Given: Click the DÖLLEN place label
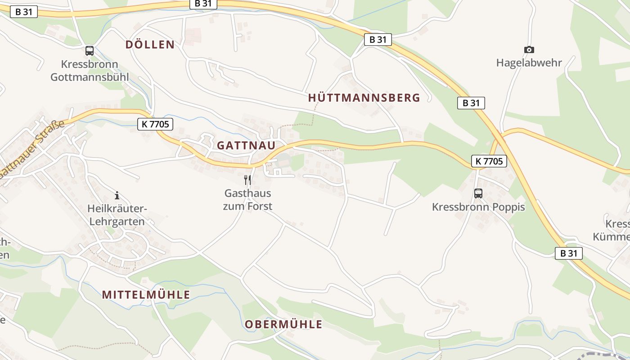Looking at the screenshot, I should point(150,45).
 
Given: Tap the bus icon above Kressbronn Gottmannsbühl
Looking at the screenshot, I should point(90,50).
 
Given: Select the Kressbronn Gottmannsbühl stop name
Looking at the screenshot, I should point(90,70).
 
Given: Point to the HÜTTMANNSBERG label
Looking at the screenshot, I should point(364,98).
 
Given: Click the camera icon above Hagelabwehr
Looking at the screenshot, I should point(529,50).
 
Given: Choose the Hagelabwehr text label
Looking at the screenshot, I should point(529,63).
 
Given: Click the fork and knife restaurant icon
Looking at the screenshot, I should point(247,180).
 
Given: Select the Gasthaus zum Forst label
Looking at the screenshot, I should point(248,200).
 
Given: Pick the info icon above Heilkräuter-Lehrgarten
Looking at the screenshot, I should point(117,195).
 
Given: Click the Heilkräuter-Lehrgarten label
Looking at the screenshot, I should point(117,215).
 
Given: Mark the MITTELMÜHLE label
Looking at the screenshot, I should point(146,295).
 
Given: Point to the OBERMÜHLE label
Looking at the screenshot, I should point(283,324).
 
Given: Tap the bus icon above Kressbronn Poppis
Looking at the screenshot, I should point(478,193).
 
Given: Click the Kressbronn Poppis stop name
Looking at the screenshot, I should point(478,207).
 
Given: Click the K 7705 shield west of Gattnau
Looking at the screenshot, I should point(155,124).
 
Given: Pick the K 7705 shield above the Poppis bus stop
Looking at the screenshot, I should point(489,161).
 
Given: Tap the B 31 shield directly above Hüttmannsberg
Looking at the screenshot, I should point(378,40).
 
